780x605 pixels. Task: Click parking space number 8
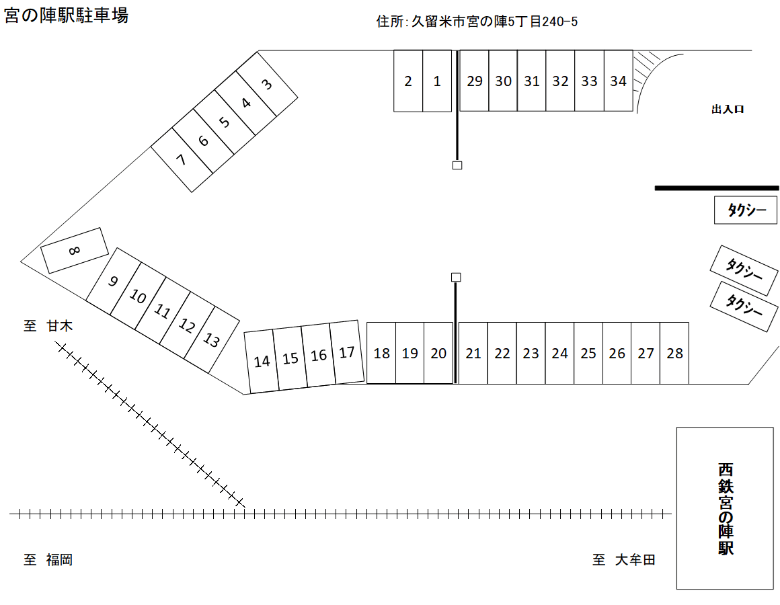click(75, 250)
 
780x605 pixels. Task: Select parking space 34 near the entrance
click(618, 81)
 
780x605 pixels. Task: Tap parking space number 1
click(437, 81)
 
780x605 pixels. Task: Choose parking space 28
click(674, 353)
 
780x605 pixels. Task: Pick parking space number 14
click(262, 361)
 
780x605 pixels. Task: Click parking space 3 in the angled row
click(268, 85)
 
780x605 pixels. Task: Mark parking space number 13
click(211, 340)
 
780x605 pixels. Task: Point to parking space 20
click(438, 353)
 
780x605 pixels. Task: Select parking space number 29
click(475, 81)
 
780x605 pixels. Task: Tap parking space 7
click(181, 160)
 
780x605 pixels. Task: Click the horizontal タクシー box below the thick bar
click(746, 210)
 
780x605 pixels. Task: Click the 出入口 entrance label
click(728, 109)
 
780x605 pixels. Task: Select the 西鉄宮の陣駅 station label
click(725, 508)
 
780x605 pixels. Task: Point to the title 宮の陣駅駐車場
click(66, 16)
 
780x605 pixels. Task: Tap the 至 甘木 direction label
click(48, 326)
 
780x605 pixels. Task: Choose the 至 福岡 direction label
click(48, 559)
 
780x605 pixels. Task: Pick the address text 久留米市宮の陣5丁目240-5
click(494, 22)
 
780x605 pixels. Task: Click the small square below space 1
click(457, 165)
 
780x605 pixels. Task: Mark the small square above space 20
click(456, 277)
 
